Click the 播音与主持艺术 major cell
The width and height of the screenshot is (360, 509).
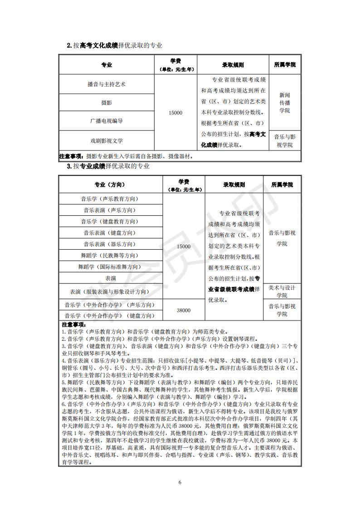click(x=107, y=84)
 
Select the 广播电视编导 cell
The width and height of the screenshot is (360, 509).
click(x=107, y=121)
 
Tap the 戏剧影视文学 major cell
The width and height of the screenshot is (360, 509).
click(x=107, y=141)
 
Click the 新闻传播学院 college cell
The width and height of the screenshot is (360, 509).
click(x=284, y=103)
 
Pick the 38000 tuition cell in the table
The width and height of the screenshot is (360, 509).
click(x=184, y=310)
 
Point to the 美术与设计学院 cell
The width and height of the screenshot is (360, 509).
click(x=282, y=291)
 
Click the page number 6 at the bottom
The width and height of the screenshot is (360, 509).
click(x=180, y=481)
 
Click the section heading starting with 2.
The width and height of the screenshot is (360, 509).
click(x=114, y=45)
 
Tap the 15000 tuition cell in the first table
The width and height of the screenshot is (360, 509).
click(x=176, y=112)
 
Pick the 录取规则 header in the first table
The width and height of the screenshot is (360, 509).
click(x=233, y=65)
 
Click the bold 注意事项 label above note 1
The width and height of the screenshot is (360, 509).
click(x=73, y=325)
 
